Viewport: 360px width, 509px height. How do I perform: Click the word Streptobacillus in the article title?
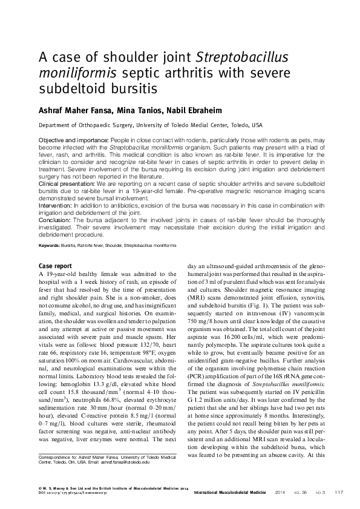(243, 58)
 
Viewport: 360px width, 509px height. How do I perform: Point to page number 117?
(338, 491)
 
